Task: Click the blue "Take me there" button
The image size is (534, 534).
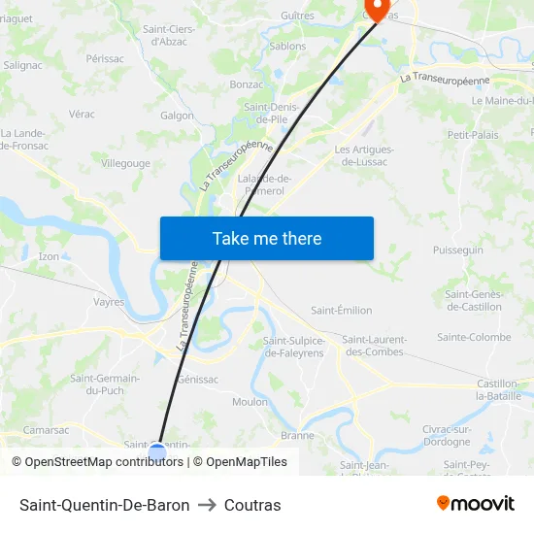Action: tap(267, 238)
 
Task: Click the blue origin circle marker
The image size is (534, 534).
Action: tap(157, 452)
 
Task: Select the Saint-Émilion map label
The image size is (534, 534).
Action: tap(341, 311)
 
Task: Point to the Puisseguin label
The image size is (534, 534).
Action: tap(457, 250)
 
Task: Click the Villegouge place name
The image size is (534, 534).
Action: tap(125, 163)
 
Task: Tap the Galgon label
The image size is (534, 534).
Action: tap(178, 115)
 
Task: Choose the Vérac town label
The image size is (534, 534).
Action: tap(82, 114)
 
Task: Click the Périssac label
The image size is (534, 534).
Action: tap(105, 59)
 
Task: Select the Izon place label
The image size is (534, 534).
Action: tap(49, 256)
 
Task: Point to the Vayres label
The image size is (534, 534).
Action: tap(109, 302)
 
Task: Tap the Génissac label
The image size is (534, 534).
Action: tap(198, 380)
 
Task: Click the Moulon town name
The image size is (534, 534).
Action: tap(250, 402)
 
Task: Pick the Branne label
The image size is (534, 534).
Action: tap(297, 435)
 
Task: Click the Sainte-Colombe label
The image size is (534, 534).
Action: tap(474, 338)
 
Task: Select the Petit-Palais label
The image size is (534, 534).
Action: tap(473, 134)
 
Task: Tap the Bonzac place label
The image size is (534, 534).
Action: tap(247, 84)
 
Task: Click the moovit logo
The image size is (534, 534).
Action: tap(475, 504)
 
